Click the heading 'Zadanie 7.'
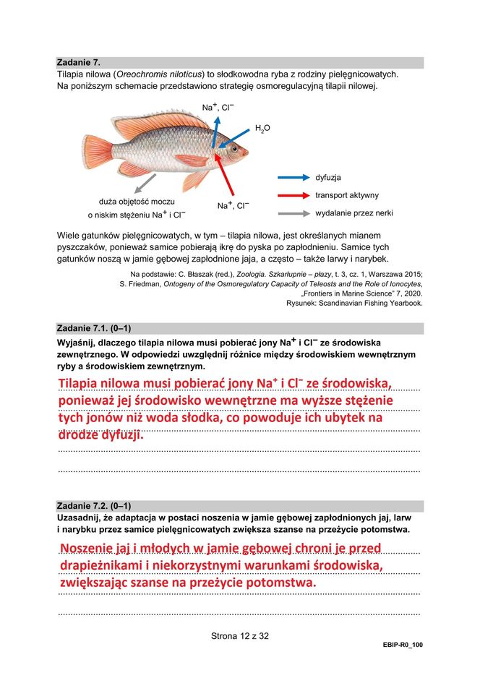pyautogui.click(x=79, y=63)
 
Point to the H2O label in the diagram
pyautogui.click(x=262, y=129)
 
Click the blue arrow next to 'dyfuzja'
pyautogui.click(x=292, y=177)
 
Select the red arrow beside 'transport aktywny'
pyautogui.click(x=292, y=195)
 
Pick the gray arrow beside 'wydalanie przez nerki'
pyautogui.click(x=292, y=214)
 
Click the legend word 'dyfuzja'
pyautogui.click(x=328, y=177)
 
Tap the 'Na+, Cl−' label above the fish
pyautogui.click(x=217, y=107)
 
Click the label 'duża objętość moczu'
pyautogui.click(x=137, y=201)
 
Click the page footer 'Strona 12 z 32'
pyautogui.click(x=240, y=636)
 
